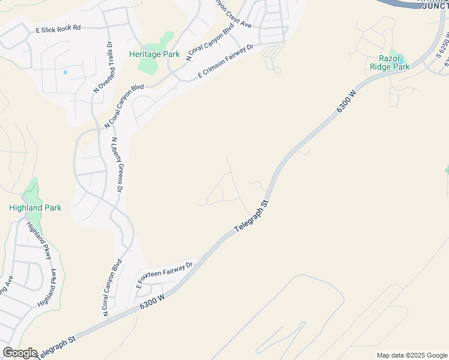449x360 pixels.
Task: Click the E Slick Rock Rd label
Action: [58, 28]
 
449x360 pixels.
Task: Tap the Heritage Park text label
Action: [154, 54]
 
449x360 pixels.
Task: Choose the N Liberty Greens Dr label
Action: [116, 164]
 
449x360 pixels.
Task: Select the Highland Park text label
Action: [35, 208]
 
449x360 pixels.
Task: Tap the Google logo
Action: [19, 353]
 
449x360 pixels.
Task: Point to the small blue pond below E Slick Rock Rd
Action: [65, 73]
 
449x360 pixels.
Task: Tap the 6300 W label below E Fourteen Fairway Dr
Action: [152, 300]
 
